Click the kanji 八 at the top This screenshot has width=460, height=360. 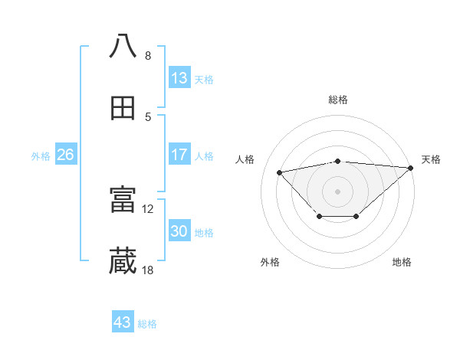(123, 47)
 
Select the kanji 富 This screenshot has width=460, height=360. (123, 201)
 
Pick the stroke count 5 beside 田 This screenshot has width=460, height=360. (148, 116)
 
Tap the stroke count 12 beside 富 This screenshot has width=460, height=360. (148, 208)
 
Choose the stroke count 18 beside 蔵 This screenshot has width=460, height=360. (148, 270)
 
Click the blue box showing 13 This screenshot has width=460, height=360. (179, 78)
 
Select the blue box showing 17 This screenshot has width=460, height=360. (179, 155)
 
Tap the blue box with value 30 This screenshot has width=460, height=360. (179, 231)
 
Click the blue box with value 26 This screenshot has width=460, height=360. (66, 155)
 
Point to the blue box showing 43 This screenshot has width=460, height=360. (123, 322)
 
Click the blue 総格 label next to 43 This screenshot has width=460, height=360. (147, 324)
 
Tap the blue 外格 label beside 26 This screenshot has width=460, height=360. (41, 156)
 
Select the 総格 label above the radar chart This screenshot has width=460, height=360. (338, 100)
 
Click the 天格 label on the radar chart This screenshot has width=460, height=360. (431, 159)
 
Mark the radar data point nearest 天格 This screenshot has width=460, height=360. (411, 168)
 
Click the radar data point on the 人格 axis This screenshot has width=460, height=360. (279, 172)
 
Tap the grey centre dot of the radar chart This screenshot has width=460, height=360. (338, 191)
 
